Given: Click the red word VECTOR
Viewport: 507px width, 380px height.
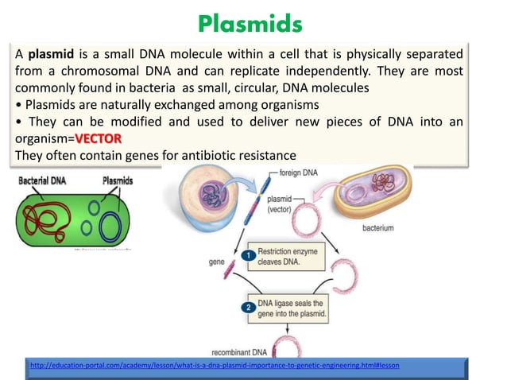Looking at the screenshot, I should [99, 138].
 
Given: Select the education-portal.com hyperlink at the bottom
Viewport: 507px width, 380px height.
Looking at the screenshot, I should [214, 364].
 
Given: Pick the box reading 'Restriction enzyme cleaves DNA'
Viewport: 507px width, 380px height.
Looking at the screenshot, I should [287, 258].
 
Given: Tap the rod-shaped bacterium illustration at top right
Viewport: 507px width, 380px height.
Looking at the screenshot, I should [373, 192].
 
